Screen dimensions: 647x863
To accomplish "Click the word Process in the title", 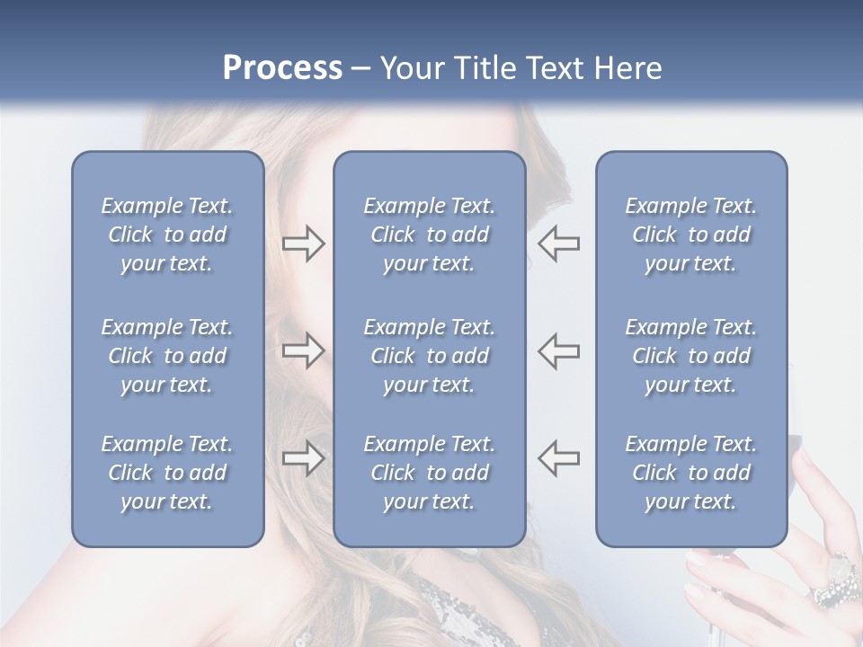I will coord(282,68).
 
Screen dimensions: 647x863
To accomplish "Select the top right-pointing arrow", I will coord(303,244).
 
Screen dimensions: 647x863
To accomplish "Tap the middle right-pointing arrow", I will coord(303,350).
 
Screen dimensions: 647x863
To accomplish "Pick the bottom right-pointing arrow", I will coord(303,458).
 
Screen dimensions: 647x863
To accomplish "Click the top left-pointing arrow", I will coord(558,244).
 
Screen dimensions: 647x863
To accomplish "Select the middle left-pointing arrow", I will coord(558,350).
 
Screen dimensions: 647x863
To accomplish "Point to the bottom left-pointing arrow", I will coord(558,458).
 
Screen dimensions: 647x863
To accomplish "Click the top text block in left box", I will coord(167,235).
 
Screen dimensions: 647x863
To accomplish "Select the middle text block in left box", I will coord(167,356).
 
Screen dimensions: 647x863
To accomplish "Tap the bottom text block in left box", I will coord(167,473).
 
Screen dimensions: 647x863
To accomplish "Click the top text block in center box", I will coord(429,235).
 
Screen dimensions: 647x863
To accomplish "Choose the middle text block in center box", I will coord(429,356).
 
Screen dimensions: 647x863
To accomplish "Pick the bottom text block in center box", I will coord(429,473).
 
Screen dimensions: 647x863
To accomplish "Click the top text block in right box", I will coord(690,235).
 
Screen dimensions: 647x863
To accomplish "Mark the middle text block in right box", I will coord(690,356).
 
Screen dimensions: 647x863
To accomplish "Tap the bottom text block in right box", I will coord(690,473).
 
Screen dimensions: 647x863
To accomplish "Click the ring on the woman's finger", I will coord(837,581).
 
